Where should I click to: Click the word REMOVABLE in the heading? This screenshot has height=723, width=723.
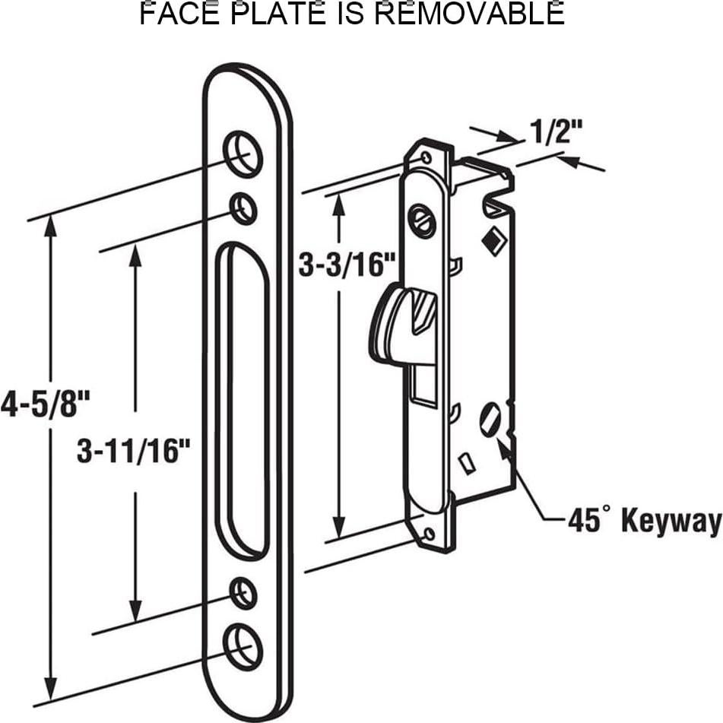pos(469,13)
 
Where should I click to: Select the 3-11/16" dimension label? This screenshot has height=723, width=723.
pos(134,451)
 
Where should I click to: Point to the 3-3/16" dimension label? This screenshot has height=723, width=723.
pos(347,265)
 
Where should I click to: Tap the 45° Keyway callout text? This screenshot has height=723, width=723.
pos(644,521)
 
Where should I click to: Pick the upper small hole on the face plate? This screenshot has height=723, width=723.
pos(243,209)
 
